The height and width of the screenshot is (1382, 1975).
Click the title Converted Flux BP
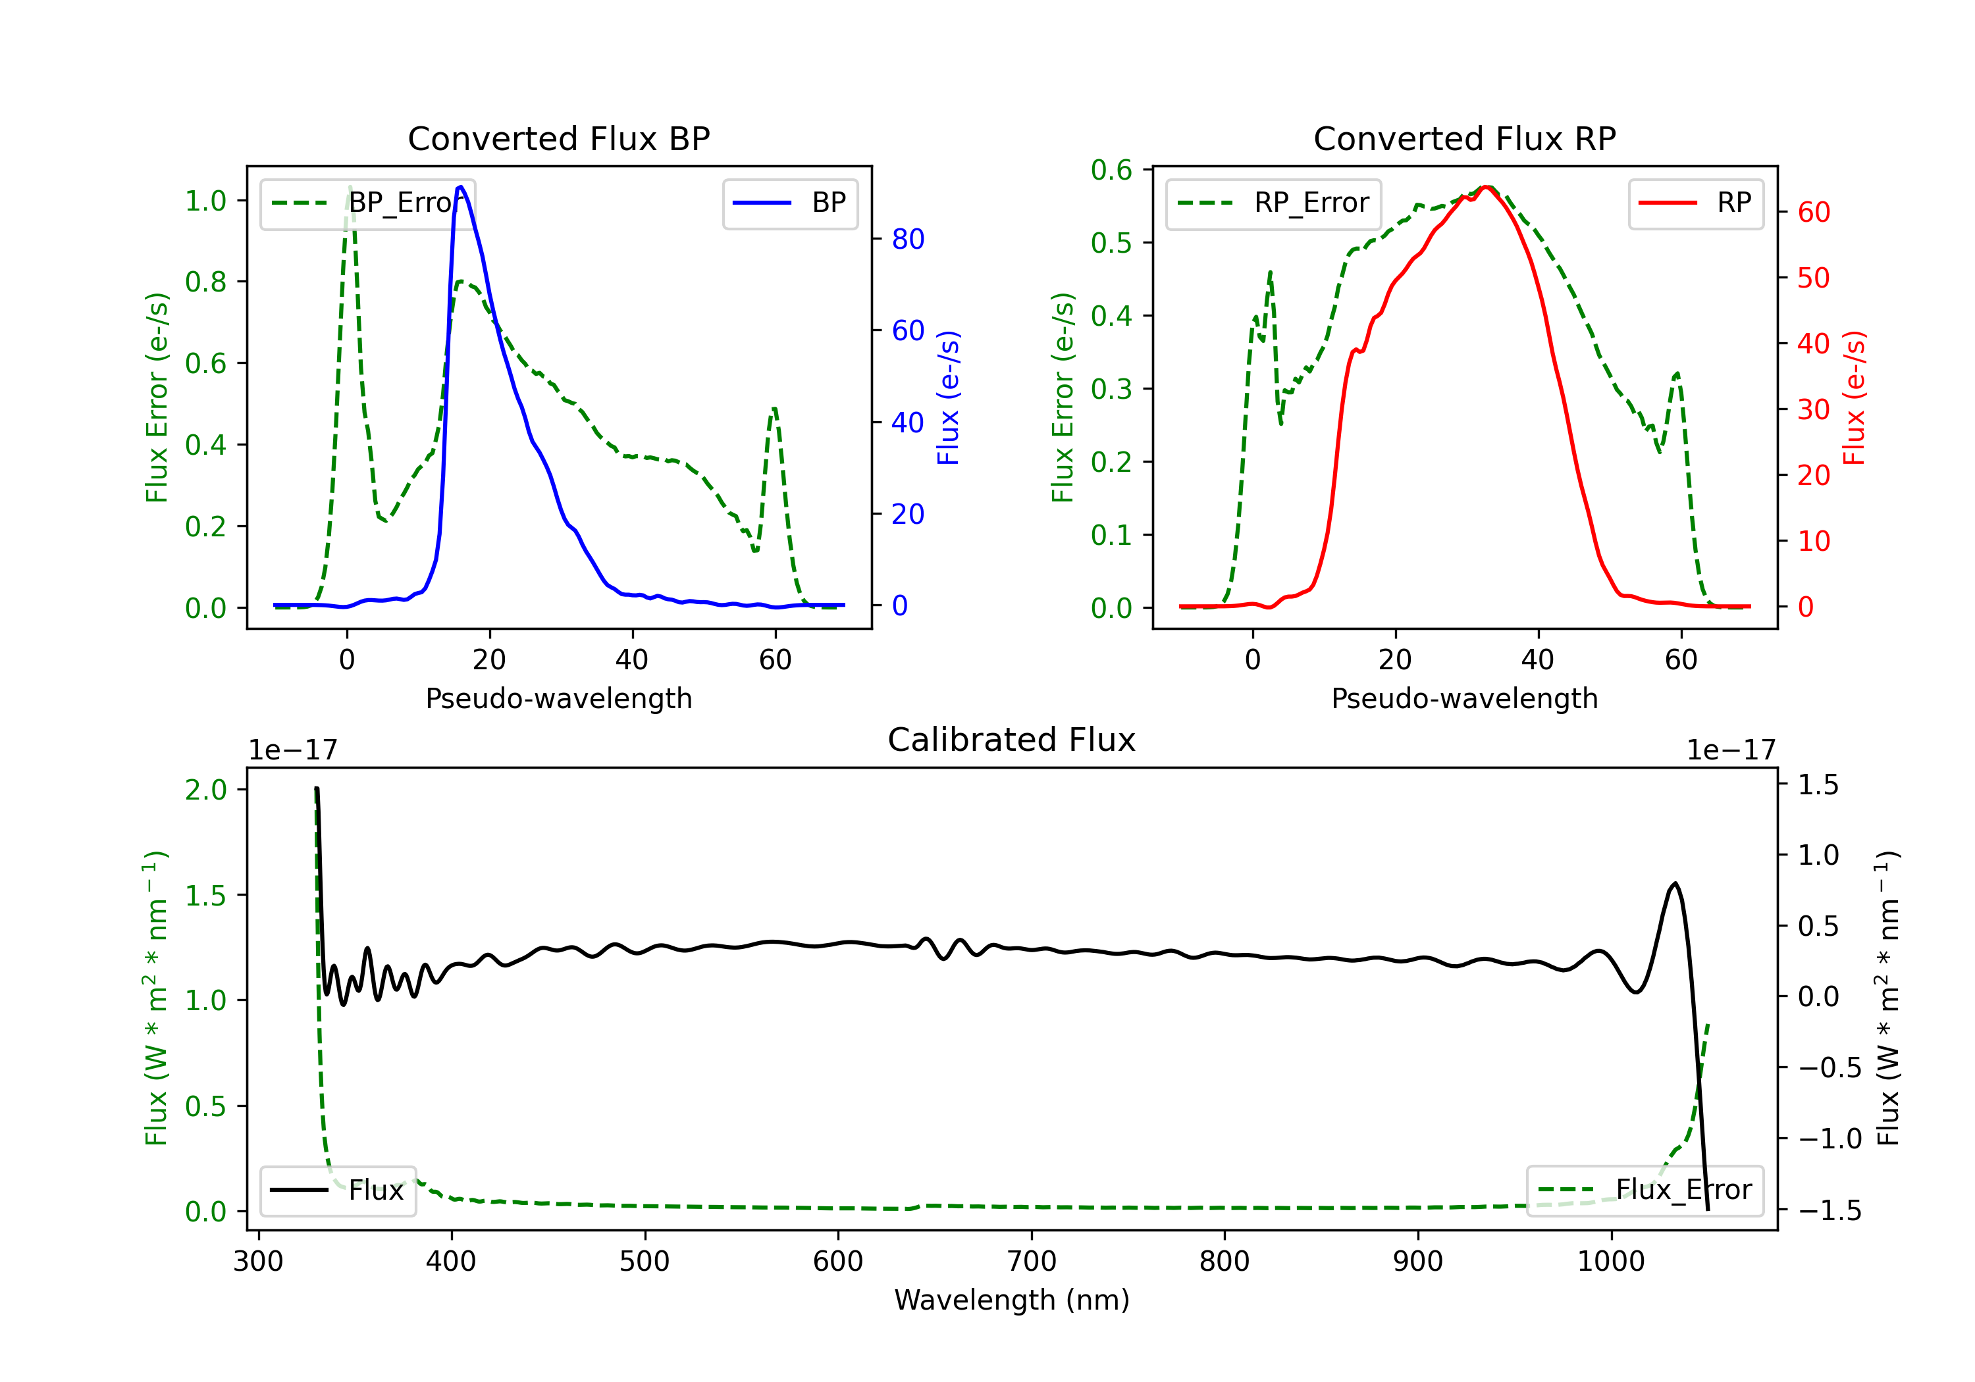(x=558, y=138)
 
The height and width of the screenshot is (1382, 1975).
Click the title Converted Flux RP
(x=1464, y=138)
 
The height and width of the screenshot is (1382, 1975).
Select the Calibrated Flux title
(x=1012, y=740)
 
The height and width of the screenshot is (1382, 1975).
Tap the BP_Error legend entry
(x=367, y=203)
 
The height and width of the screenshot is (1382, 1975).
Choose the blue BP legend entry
(x=789, y=203)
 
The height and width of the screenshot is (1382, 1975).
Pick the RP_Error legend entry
(x=1273, y=203)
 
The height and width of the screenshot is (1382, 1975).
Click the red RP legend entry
(x=1695, y=203)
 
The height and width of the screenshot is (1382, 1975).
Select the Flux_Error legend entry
(x=1645, y=1190)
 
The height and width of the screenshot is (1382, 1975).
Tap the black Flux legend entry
(x=337, y=1190)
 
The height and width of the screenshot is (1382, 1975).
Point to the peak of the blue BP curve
(x=461, y=187)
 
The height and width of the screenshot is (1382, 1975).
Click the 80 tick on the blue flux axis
(x=907, y=239)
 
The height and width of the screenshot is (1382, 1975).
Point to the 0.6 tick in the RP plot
(x=1111, y=170)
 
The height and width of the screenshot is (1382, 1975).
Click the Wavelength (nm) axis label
(x=1012, y=1300)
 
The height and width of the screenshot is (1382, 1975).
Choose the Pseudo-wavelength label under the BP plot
(x=558, y=698)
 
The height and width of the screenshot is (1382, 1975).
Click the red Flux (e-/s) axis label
(x=1855, y=397)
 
